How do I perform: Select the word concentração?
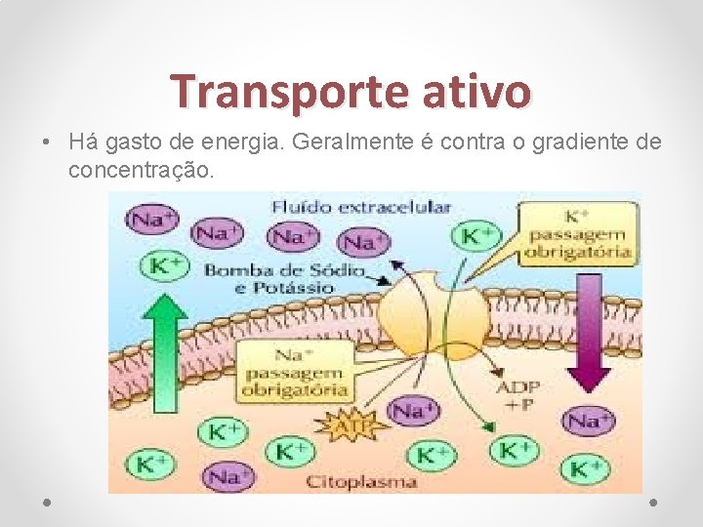pyautogui.click(x=139, y=170)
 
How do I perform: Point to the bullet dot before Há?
pyautogui.click(x=47, y=142)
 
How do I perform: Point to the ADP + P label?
pyautogui.click(x=517, y=394)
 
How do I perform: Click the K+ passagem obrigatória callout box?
pyautogui.click(x=576, y=233)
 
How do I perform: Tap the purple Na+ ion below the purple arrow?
pyautogui.click(x=589, y=421)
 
